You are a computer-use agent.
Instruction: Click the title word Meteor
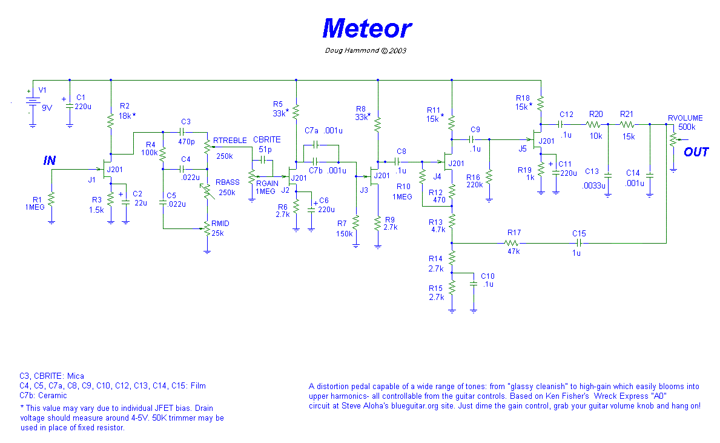pos(366,28)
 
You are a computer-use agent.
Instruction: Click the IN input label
pos(50,160)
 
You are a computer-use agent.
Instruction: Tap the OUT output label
pos(696,152)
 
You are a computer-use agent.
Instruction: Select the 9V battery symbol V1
pos(30,103)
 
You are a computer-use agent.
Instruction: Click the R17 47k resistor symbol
pos(514,243)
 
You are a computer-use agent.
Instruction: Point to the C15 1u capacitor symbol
pos(579,243)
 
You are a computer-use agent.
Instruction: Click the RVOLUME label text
pos(685,118)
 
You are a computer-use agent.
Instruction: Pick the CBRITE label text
pos(266,140)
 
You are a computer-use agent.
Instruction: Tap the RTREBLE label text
pos(230,140)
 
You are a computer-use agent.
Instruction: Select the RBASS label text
pos(228,182)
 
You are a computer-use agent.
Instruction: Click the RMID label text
pos(220,224)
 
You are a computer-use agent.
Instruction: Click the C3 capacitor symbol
pos(185,132)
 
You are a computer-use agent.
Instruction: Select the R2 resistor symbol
pos(111,121)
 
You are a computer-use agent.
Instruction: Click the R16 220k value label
pos(474,185)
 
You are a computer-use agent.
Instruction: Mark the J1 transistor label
pos(92,179)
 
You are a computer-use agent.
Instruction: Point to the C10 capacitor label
pos(487,276)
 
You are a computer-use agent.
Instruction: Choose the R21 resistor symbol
pos(626,124)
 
